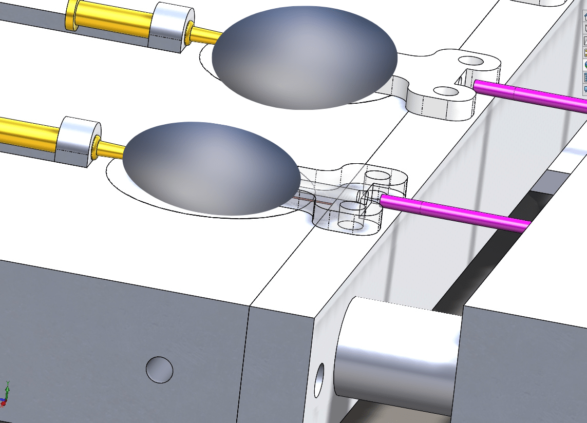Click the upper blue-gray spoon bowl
305,57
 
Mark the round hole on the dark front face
159,369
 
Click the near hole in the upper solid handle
446,91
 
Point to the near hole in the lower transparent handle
351,207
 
